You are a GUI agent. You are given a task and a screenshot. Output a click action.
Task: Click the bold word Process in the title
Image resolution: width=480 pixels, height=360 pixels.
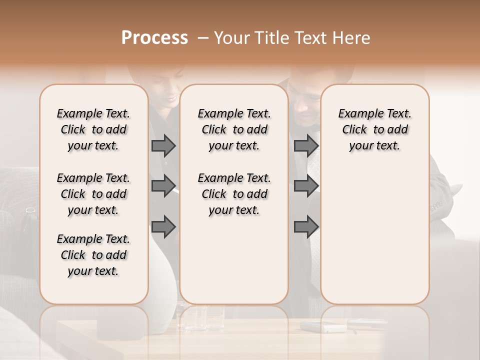(154, 38)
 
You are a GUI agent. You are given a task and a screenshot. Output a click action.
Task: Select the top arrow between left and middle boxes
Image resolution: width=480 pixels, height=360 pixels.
(163, 145)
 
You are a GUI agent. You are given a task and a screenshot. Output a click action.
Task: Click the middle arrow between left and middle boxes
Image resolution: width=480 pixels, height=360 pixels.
(163, 186)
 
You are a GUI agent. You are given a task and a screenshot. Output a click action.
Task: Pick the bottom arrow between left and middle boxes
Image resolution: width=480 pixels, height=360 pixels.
(163, 226)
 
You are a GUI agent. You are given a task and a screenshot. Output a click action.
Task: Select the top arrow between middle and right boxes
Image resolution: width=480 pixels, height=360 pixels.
(306, 145)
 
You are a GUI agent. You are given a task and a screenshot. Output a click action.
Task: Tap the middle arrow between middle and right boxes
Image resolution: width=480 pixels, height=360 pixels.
(306, 186)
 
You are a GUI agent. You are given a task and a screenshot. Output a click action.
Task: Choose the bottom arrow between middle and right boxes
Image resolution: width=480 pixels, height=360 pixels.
(306, 226)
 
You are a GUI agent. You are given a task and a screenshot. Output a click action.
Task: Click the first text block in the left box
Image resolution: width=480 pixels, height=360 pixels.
(93, 129)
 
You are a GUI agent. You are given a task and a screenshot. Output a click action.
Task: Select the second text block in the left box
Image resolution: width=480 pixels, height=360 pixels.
(93, 194)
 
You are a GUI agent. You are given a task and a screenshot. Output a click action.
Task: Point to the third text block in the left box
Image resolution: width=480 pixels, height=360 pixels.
(93, 255)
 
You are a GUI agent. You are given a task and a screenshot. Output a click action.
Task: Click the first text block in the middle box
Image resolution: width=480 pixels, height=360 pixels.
(234, 129)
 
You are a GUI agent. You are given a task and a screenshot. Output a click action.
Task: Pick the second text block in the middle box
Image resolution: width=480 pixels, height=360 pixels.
(234, 194)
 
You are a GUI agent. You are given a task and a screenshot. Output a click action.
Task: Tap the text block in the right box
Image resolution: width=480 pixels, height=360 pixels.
(375, 129)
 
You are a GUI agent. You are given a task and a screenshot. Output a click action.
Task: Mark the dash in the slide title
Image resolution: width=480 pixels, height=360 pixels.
(202, 38)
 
